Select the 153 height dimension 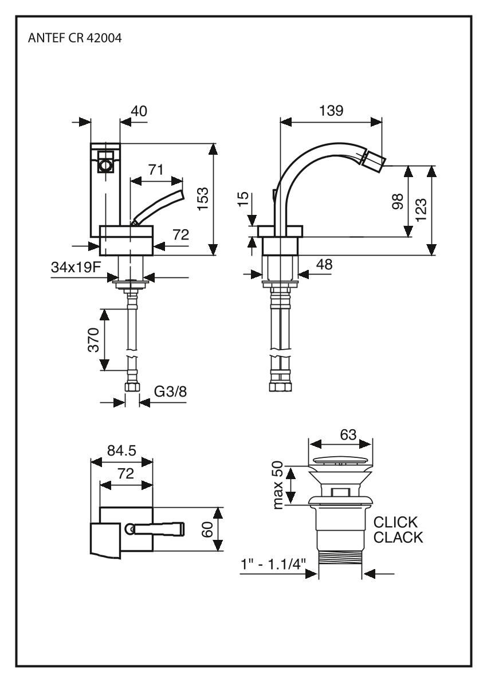pos(203,199)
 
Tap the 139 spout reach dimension pos(332,111)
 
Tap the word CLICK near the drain pos(396,523)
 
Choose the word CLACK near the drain pos(398,538)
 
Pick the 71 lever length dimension pos(155,170)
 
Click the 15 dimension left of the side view pos(243,201)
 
